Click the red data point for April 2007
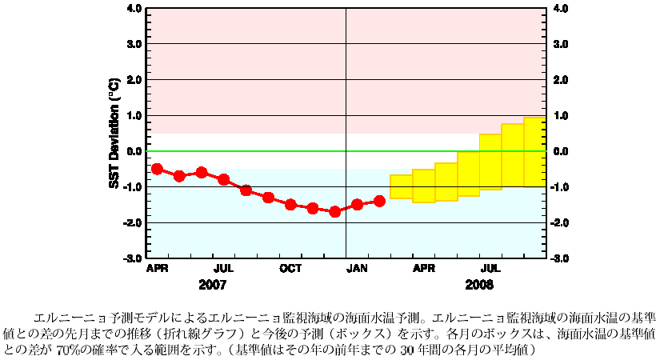157,169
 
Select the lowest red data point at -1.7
335,211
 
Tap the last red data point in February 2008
379,201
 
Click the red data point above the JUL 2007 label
224,179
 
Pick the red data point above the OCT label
290,204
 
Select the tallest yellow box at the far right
534,152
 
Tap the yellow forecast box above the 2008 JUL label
490,162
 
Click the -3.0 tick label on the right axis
560,258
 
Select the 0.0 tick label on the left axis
134,151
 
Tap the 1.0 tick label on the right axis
560,116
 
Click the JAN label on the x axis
357,268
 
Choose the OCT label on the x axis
290,268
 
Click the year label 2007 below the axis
213,285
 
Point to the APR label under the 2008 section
424,268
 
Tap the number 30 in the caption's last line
406,350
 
